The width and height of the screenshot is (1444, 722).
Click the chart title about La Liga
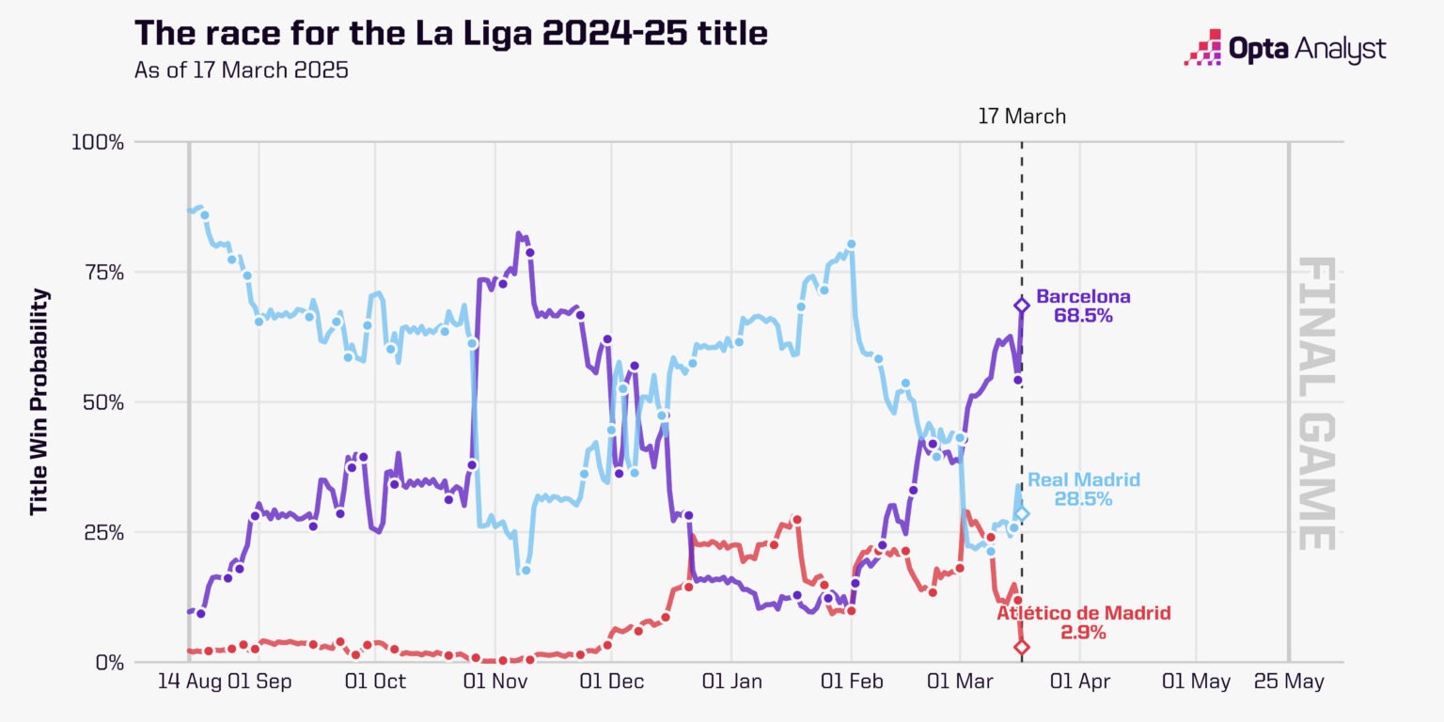[x=451, y=33]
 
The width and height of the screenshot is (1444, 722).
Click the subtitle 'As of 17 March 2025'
[x=242, y=71]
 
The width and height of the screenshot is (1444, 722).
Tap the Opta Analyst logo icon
[x=1201, y=47]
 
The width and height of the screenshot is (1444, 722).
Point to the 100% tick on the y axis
[x=97, y=142]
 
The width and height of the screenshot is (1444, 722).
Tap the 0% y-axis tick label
[x=108, y=662]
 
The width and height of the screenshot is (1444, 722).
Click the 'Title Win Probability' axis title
[x=39, y=401]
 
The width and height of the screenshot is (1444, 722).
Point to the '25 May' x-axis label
[x=1288, y=682]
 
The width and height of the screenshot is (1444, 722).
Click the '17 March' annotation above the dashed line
[x=1022, y=117]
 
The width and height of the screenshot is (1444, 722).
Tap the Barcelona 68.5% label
[x=1083, y=306]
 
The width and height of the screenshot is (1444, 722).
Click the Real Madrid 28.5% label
[x=1083, y=489]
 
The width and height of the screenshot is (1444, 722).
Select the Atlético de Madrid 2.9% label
[x=1083, y=622]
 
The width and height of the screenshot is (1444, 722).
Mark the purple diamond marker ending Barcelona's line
[x=1022, y=305]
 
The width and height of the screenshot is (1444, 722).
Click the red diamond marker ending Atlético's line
[x=1022, y=647]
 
